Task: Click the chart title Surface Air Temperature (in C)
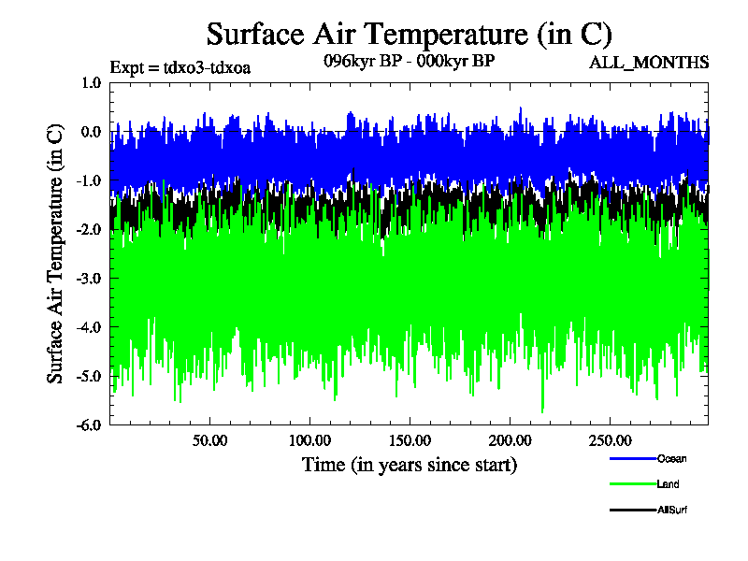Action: [409, 35]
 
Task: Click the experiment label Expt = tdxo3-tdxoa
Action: [180, 67]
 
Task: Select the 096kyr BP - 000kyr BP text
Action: [410, 61]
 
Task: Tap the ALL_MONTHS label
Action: [649, 63]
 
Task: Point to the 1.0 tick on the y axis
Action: [92, 83]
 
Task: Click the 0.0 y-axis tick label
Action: [92, 132]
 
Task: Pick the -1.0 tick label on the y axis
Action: [89, 180]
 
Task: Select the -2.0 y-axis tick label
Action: [89, 229]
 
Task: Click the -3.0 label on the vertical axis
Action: [89, 278]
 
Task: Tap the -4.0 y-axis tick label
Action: [89, 327]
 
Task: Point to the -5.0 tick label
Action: [89, 376]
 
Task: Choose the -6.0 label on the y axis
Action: [89, 425]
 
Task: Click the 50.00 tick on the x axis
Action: [209, 440]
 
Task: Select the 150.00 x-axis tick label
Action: [410, 440]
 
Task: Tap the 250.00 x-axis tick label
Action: [611, 440]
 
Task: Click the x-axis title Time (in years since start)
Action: [410, 465]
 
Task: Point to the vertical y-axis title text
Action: [55, 253]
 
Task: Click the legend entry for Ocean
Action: [648, 459]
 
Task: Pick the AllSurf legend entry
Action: [648, 510]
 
